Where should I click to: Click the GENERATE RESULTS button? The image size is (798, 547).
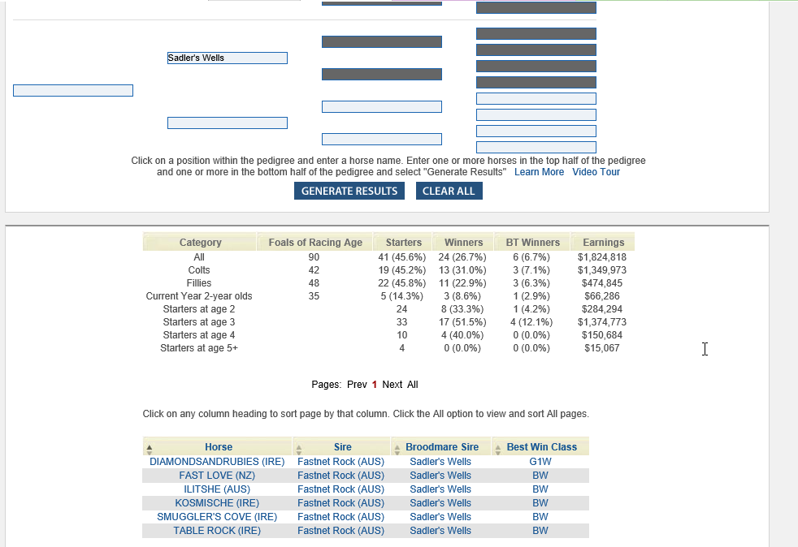349,191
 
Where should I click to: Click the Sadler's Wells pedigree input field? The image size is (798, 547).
228,58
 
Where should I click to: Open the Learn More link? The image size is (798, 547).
539,172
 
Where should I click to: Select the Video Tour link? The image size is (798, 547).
596,172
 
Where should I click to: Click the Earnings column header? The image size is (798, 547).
604,243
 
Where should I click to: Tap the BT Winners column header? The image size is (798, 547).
532,243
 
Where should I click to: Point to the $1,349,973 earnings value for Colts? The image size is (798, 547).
601,270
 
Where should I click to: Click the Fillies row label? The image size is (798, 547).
199,283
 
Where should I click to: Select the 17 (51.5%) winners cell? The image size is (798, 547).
462,322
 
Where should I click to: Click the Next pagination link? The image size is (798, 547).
392,385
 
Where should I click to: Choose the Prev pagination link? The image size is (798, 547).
357,385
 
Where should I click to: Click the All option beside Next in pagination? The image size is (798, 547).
413,385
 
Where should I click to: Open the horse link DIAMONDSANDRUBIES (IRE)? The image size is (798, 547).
217,462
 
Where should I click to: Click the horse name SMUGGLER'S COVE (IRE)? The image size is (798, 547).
217,517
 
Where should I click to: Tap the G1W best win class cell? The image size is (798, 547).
540,462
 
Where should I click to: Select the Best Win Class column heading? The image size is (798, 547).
541,447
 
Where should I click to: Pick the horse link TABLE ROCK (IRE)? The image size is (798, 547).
217,531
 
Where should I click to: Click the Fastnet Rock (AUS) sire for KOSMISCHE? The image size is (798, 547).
340,503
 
